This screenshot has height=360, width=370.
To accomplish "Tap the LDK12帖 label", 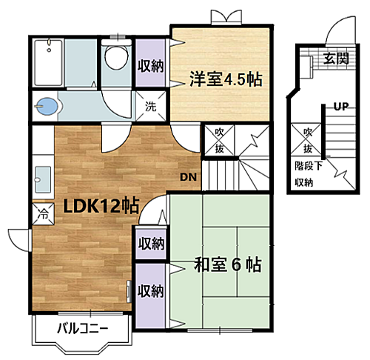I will [101, 207].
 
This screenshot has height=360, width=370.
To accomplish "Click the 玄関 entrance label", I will [335, 59].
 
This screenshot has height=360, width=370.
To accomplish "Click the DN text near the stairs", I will [188, 177].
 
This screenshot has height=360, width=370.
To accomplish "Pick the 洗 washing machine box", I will [150, 105].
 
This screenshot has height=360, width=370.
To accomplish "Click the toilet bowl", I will [115, 57].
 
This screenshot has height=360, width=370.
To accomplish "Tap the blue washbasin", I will [46, 107].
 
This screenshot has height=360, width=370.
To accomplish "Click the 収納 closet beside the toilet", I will [150, 65].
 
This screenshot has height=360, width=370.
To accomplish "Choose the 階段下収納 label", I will [304, 173].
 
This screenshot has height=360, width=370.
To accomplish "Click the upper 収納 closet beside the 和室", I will [150, 242].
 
